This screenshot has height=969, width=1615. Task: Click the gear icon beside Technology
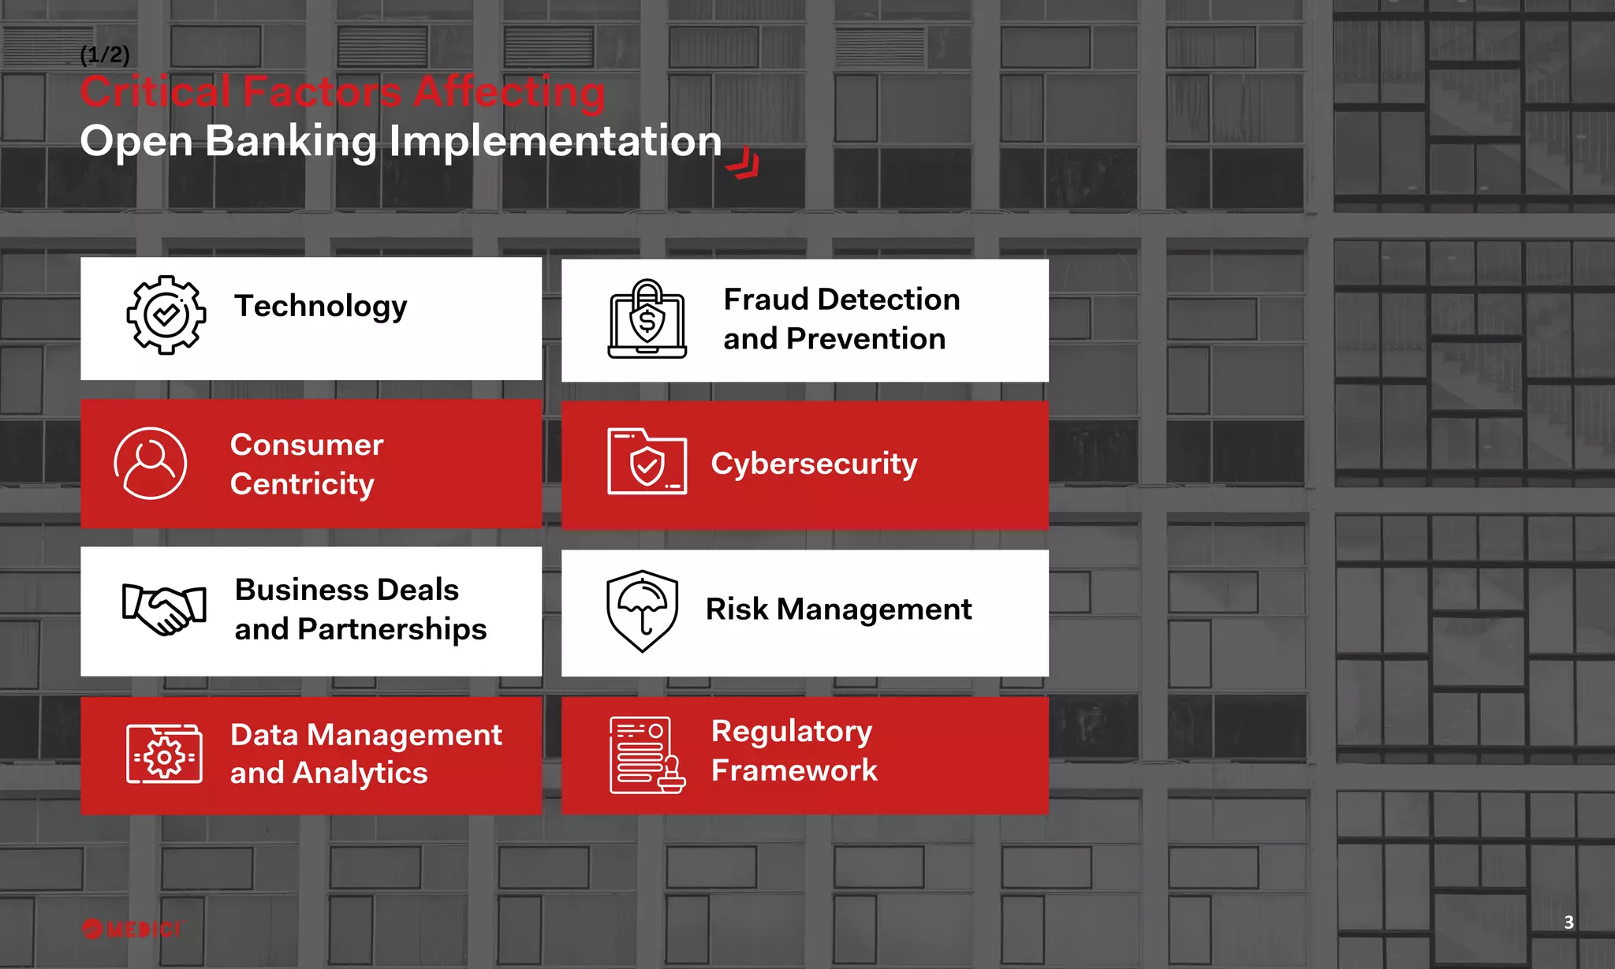[x=166, y=315]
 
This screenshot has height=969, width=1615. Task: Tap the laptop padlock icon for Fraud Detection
[x=647, y=319]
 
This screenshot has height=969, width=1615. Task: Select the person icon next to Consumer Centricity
[x=151, y=464]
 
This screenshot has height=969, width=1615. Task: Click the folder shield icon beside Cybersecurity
[x=647, y=462]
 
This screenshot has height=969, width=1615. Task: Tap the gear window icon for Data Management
[x=164, y=755]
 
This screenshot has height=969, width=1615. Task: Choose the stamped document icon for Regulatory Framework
[x=647, y=755]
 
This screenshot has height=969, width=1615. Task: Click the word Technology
[x=320, y=307]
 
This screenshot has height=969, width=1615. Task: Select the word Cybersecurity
[x=814, y=464]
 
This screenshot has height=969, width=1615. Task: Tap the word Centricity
[x=302, y=484]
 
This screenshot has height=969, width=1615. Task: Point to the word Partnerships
[x=392, y=629]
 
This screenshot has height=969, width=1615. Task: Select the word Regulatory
[x=792, y=732]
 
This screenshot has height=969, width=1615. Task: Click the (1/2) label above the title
[x=105, y=54]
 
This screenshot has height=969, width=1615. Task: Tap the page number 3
[x=1568, y=922]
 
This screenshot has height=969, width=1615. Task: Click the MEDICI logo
[x=132, y=929]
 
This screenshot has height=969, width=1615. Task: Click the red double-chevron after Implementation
[x=743, y=165]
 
